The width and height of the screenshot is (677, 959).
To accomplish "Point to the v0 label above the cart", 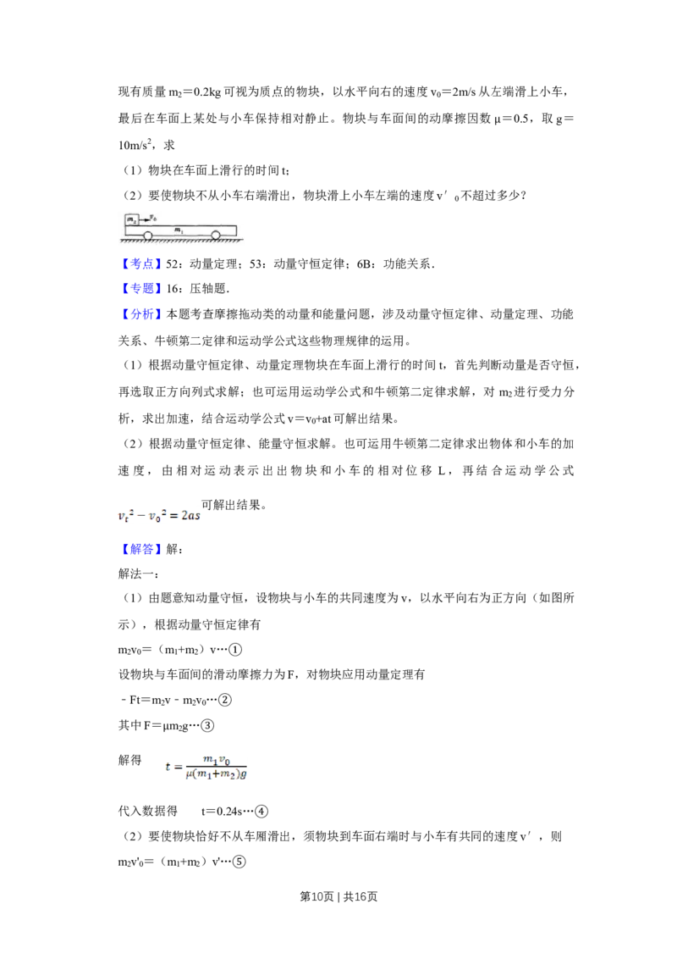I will (x=152, y=217).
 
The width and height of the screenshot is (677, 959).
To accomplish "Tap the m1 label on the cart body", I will (x=178, y=230).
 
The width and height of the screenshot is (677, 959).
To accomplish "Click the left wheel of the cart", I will (x=148, y=236).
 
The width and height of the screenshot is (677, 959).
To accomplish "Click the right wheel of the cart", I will (x=216, y=236).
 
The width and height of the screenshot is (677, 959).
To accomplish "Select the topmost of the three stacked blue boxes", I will (x=141, y=264).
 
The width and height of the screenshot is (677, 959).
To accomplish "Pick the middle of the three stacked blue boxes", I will (x=141, y=290).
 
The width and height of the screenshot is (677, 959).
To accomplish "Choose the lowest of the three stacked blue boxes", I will (x=141, y=315).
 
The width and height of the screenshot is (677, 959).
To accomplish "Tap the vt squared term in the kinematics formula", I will (x=124, y=514).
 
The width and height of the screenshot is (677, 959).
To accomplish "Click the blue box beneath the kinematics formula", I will (x=141, y=550).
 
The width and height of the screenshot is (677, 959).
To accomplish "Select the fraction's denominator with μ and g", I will (x=217, y=773).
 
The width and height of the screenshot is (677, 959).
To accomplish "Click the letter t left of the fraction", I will (x=169, y=767).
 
